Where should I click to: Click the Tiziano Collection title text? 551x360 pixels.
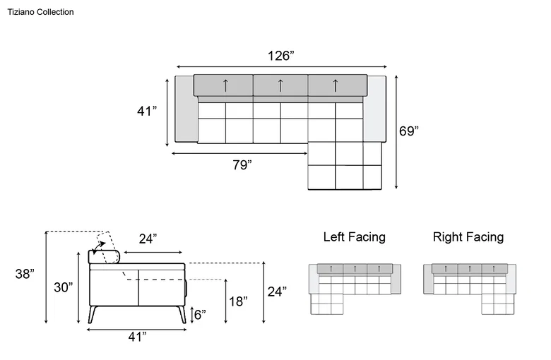(x=41, y=12)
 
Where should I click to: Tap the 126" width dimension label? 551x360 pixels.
(x=280, y=56)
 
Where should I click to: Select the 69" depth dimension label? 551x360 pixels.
(x=409, y=131)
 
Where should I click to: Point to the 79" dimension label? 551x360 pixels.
(x=242, y=164)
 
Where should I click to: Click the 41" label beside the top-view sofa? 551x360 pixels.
(x=147, y=111)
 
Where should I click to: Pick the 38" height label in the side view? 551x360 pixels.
(x=25, y=274)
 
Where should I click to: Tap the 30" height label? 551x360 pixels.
(x=64, y=287)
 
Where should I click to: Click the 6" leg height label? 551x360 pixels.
(x=200, y=315)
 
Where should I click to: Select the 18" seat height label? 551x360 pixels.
(x=238, y=301)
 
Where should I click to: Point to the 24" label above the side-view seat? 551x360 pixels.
(x=148, y=239)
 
